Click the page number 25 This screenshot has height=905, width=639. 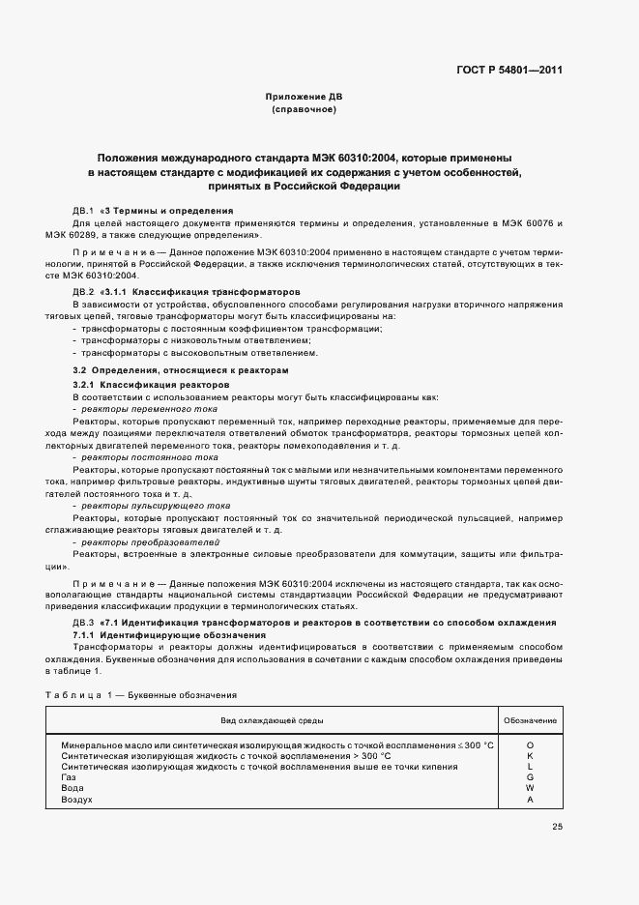[x=557, y=827]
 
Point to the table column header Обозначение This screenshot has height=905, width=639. [x=530, y=720]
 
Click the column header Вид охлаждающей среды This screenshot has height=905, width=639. [x=272, y=720]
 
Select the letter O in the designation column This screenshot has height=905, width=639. [x=530, y=744]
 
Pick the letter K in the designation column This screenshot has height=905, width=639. [x=530, y=755]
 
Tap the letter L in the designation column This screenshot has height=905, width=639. [x=530, y=767]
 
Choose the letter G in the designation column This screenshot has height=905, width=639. [x=530, y=777]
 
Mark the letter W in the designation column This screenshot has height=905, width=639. [x=530, y=788]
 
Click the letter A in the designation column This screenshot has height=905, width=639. [x=530, y=800]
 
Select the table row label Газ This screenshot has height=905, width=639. [x=68, y=777]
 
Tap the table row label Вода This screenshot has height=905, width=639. [x=72, y=788]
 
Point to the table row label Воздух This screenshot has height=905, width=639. [x=76, y=800]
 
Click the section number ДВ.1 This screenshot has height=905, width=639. [x=83, y=210]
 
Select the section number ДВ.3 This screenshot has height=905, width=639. [x=83, y=622]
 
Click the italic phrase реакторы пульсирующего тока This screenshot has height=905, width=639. [x=156, y=506]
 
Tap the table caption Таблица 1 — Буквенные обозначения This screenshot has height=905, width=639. [x=141, y=695]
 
